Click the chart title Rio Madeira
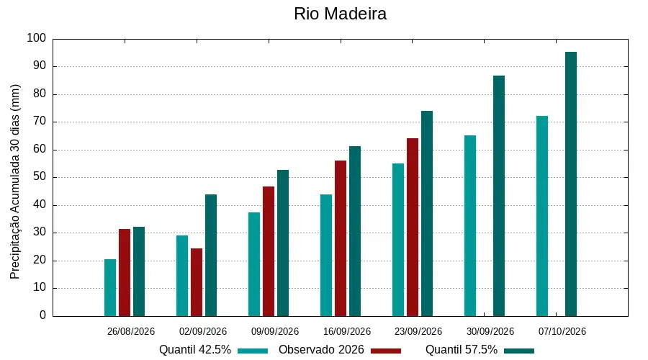pos(340,14)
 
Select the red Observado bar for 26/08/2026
pos(125,273)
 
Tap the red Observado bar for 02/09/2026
pos(197,282)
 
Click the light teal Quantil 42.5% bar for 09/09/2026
pos(254,264)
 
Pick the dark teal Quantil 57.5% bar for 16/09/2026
pos(355,231)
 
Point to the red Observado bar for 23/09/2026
pos(413,228)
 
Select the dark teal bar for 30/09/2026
pos(499,196)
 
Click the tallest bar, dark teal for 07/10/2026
pos(571,184)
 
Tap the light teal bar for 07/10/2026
pos(542,216)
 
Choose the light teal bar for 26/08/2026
pos(110,288)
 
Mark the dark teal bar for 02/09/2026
pos(211,256)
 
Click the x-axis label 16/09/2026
pos(347,331)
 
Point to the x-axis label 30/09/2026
pos(490,331)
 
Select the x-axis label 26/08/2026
pos(131,331)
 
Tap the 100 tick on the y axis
pos(37,38)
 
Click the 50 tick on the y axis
pos(40,177)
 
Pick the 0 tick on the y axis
pos(43,315)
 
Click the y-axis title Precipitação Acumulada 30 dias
pos(15,182)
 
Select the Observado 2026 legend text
pos(321,350)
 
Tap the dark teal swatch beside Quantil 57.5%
pos(519,351)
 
